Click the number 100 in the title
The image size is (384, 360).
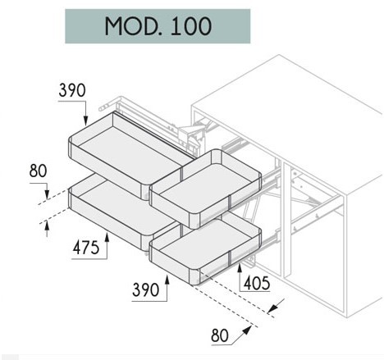(x=191, y=26)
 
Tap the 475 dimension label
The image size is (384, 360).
(x=86, y=248)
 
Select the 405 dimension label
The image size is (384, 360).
(x=257, y=283)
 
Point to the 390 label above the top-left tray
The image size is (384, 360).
(x=72, y=90)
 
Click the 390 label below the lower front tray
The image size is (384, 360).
(x=145, y=289)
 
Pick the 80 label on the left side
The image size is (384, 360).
(x=39, y=171)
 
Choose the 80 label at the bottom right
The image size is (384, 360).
(x=220, y=335)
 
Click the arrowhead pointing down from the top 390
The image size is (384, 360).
(x=86, y=120)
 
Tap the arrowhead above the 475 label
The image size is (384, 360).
(x=107, y=237)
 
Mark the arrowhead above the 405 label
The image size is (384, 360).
(x=240, y=267)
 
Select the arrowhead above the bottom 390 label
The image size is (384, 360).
(x=167, y=280)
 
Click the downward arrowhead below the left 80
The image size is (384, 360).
(x=47, y=194)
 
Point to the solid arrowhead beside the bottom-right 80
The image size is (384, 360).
(x=246, y=330)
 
